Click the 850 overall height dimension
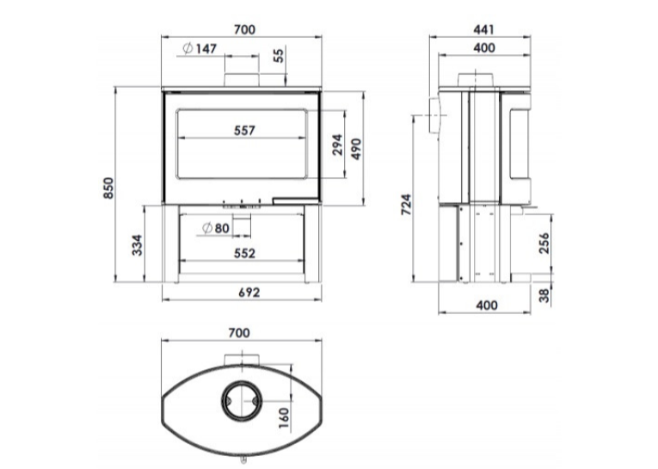coord(108,188)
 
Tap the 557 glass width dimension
coord(244,131)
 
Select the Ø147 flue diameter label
coord(200,49)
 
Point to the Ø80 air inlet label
coord(216,228)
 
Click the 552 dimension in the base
coord(244,253)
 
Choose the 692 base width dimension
coord(249,292)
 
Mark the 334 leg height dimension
coord(138,245)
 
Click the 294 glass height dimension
coord(338,145)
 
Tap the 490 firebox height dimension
coord(356,149)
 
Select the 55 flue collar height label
coord(279,55)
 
